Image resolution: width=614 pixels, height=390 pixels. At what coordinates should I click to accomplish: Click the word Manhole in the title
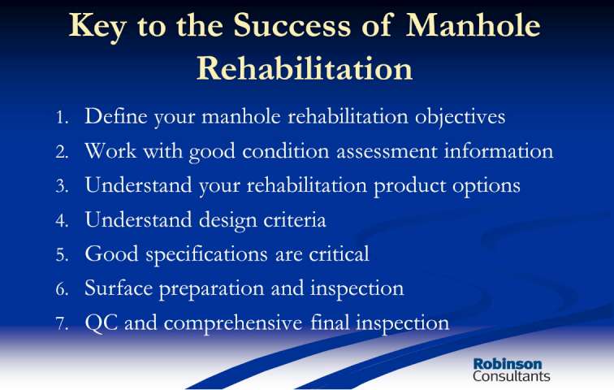473,25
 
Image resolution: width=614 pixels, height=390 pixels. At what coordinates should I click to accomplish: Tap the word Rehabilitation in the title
305,68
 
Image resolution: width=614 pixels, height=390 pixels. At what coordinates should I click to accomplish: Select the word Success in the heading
292,25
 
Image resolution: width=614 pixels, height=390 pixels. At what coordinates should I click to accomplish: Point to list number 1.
63,118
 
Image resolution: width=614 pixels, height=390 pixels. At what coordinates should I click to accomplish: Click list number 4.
63,220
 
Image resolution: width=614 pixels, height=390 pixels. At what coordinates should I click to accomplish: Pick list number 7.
63,324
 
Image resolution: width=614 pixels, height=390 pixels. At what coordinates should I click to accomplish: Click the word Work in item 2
110,151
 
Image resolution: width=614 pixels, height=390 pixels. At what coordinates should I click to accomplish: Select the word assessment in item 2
387,152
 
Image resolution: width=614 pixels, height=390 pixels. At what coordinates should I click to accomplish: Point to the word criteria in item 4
295,219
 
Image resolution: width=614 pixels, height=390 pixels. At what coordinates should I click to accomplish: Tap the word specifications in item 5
207,255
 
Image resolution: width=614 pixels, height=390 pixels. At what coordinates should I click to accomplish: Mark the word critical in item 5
339,253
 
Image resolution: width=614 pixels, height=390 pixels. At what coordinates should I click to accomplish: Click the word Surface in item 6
119,288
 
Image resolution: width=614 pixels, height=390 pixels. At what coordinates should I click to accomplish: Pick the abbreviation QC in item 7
102,323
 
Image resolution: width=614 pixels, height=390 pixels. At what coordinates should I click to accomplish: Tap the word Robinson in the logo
508,364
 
